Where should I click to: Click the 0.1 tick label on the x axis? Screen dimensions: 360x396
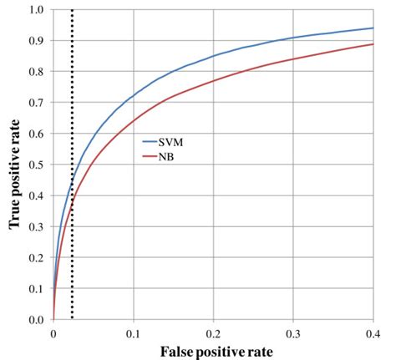coord(133,332)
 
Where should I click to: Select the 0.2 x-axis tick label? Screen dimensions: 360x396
coord(213,332)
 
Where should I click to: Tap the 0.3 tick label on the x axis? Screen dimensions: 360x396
coord(293,332)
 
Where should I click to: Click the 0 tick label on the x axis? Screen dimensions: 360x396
coord(53,332)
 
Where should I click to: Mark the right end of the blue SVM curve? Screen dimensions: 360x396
coord(373,28)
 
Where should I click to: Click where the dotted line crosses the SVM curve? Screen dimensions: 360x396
coord(72,182)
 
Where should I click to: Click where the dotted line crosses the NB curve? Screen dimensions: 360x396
coord(72,200)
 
